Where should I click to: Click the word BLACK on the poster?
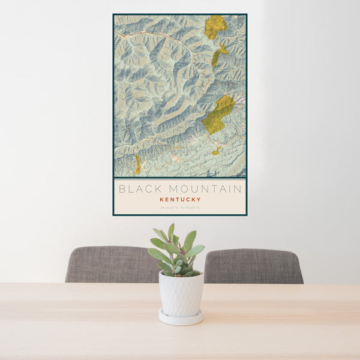point(137,188)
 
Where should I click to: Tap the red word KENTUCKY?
point(180,199)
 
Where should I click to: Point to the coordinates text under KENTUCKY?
point(180,208)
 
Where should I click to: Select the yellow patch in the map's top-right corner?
point(215,26)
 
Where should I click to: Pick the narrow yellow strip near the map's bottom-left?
point(137,165)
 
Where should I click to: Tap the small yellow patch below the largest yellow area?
point(215,152)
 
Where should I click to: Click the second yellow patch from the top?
point(218,55)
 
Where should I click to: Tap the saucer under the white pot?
point(181,317)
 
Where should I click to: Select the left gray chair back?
point(111,265)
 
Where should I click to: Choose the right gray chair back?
point(253,266)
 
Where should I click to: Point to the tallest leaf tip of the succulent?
point(172,226)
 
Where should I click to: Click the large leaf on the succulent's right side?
point(195,251)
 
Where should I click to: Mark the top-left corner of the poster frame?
point(113,14)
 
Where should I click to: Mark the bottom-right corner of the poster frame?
point(246,215)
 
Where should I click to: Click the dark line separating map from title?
point(180,178)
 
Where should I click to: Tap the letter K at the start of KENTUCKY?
point(162,199)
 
